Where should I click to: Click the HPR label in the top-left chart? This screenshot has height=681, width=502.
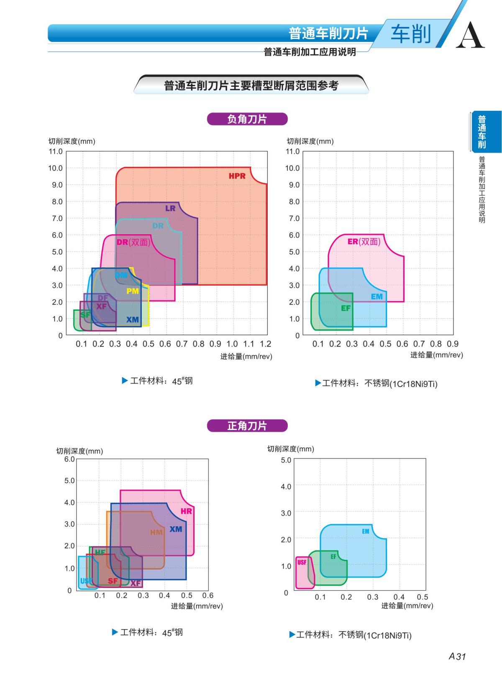237,176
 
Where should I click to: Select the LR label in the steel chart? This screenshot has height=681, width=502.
170,208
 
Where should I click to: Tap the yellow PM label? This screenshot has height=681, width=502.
133,291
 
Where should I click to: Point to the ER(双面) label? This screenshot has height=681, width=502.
364,241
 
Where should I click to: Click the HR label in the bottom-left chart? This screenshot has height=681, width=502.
186,511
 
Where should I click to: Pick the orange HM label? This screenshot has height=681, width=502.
156,532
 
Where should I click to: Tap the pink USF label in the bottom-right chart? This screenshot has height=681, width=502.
302,563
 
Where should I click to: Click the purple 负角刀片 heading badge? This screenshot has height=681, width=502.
247,119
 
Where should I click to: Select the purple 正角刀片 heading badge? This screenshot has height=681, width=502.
247,426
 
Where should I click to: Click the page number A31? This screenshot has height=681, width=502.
457,656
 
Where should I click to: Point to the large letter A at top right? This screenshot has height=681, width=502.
470,36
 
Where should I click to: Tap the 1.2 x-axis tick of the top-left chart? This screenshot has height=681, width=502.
266,344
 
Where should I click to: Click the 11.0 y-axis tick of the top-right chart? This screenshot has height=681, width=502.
292,151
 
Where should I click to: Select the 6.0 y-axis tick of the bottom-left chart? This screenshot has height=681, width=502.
69,459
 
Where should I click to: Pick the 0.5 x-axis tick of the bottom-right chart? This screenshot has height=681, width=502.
423,597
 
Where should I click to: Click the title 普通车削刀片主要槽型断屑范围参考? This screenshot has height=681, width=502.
251,86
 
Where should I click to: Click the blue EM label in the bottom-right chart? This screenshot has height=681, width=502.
366,531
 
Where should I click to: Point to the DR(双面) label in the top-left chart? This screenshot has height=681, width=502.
133,242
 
